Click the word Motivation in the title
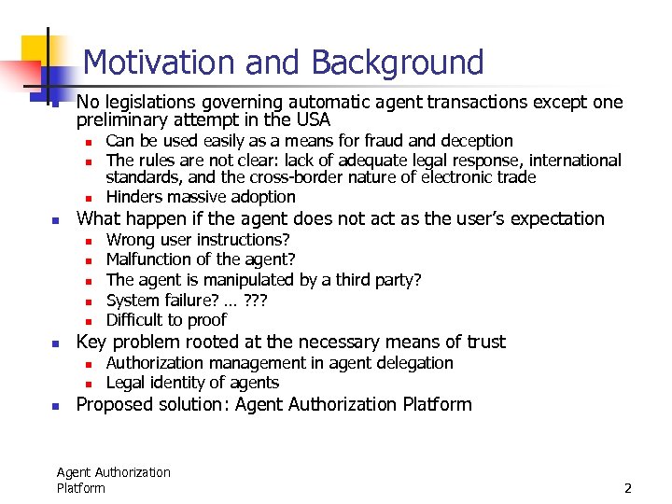[160, 63]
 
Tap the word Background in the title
[398, 63]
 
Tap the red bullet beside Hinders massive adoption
[86, 198]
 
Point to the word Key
[91, 342]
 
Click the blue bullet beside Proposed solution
[55, 406]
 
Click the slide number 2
[628, 488]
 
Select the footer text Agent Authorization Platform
[113, 480]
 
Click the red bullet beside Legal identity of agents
[86, 384]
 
